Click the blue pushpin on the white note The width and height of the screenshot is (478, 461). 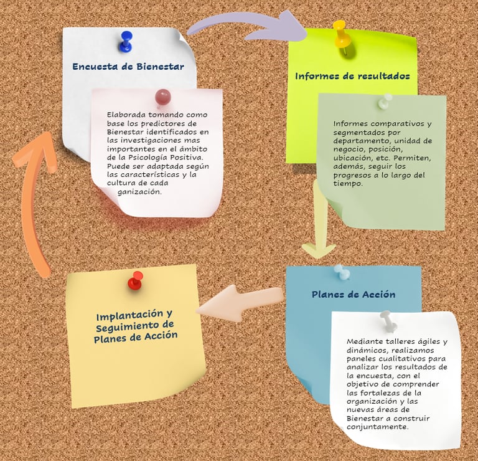tap(126, 41)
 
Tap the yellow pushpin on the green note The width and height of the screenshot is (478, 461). tap(341, 34)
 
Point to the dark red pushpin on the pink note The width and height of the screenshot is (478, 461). tap(162, 97)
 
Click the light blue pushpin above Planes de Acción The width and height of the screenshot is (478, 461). tap(342, 272)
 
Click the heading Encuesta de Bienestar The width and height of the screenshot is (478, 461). tap(128, 67)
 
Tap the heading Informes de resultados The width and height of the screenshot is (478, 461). tap(352, 77)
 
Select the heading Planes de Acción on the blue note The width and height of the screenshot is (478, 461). tap(353, 294)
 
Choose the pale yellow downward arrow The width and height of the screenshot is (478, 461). tap(319, 224)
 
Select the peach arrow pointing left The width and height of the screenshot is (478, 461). tap(240, 303)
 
